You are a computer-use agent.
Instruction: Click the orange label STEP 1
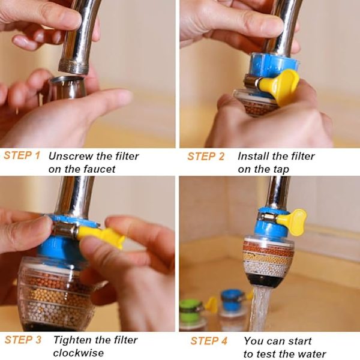point(22,155)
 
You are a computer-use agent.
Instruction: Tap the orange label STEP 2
point(206,157)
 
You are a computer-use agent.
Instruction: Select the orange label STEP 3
point(23,340)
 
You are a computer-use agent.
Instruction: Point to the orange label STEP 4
point(209,341)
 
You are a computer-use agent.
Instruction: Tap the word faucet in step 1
point(99,169)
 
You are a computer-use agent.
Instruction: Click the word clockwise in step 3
point(78,353)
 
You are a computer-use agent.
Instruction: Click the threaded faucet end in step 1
point(73,67)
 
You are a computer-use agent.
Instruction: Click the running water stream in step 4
point(260,309)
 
